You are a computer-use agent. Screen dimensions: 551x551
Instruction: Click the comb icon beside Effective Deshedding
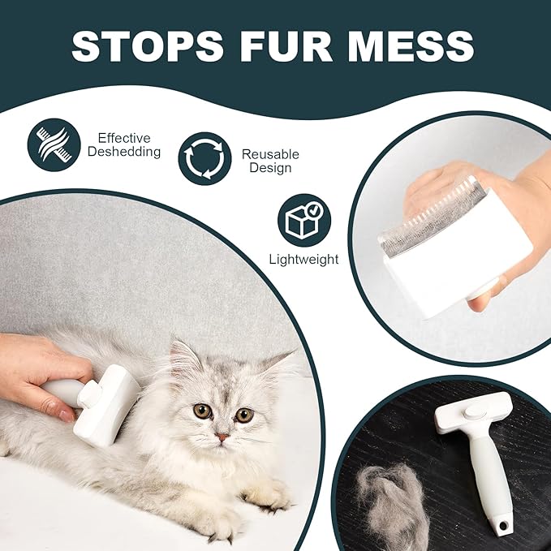[54, 143]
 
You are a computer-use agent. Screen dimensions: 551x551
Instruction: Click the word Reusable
[270, 153]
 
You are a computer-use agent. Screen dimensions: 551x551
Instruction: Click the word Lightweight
[303, 260]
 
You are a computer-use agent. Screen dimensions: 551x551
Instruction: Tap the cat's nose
[222, 437]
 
